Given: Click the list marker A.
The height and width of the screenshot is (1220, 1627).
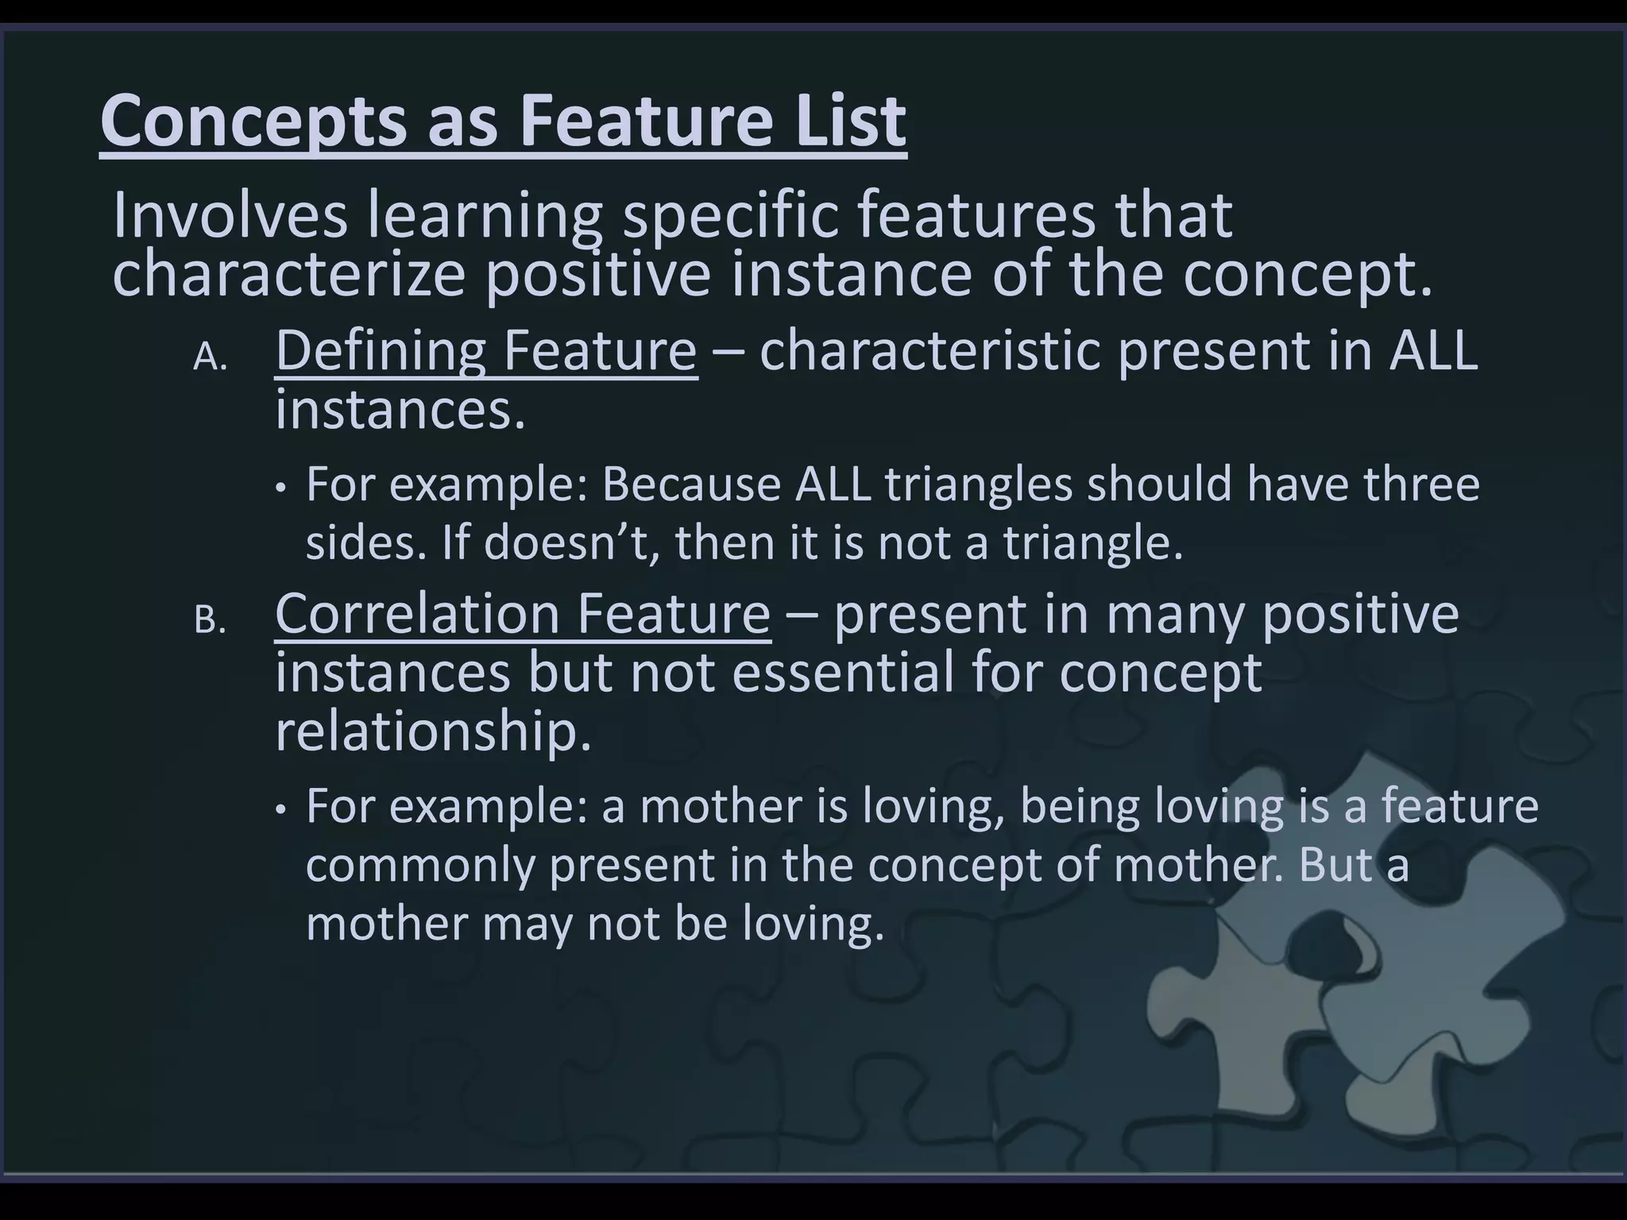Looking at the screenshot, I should [209, 359].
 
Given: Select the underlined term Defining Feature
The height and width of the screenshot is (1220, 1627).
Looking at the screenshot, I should [485, 350].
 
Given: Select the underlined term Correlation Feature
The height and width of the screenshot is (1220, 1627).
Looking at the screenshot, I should [522, 614].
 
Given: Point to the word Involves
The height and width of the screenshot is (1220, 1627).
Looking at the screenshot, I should [230, 216].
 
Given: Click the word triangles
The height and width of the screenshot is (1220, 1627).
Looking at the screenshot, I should [979, 484].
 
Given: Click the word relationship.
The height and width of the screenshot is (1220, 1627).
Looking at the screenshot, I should [433, 732].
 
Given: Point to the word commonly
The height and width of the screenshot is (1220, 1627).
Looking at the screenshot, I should [420, 864].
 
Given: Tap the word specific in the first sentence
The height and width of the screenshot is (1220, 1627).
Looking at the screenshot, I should [730, 216].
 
